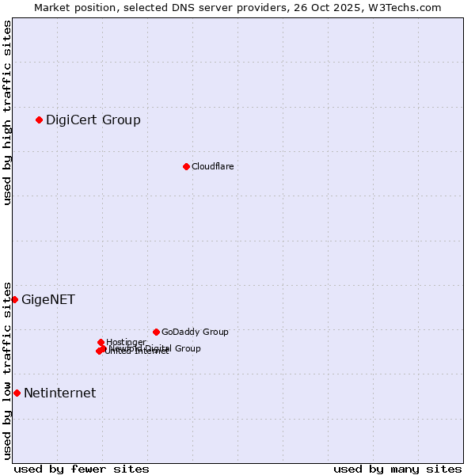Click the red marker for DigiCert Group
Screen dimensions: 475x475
(39, 120)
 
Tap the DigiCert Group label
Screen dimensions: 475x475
(93, 120)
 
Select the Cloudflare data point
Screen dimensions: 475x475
(186, 166)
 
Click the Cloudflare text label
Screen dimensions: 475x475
(212, 166)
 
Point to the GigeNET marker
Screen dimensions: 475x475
(14, 299)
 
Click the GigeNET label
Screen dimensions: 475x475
(48, 300)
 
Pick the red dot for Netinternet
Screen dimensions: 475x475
(17, 393)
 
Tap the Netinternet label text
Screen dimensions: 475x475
(59, 393)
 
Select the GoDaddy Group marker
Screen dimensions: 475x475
(156, 332)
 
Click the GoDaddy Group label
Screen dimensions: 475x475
(195, 332)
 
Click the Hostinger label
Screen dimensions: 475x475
(126, 342)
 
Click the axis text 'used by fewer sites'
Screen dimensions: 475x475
(82, 469)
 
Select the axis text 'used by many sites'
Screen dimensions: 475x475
(397, 469)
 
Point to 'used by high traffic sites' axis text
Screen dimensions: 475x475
(8, 112)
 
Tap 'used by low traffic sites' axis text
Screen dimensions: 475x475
(8, 370)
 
